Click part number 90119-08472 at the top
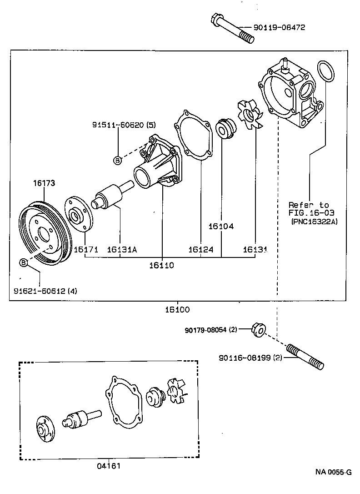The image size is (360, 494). pos(279,27)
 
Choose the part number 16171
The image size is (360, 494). pos(86,249)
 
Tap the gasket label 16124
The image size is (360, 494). pos(200,249)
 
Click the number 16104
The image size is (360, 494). pos(221,226)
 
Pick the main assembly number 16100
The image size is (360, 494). pos(177,309)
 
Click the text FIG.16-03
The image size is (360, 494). pos(309,213)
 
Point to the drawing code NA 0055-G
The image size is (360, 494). pos(334,472)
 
